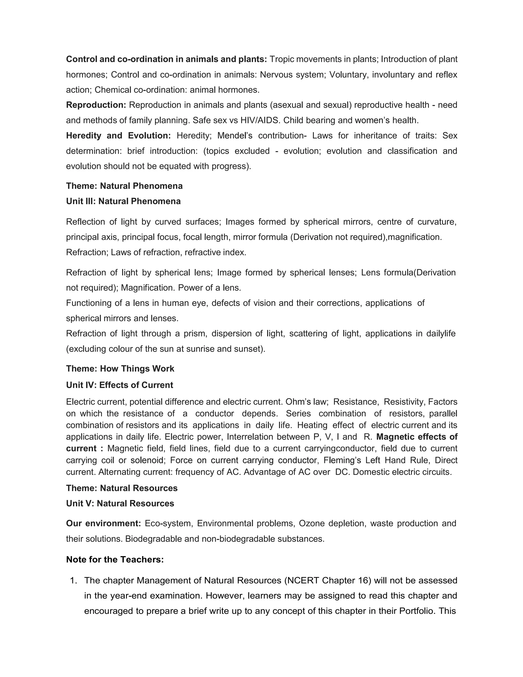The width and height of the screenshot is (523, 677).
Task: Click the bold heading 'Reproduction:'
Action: [96, 105]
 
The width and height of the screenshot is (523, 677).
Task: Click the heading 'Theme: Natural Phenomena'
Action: [124, 186]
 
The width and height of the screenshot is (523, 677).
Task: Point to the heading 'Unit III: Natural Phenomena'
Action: [123, 201]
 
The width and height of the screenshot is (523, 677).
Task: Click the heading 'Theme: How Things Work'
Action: [120, 369]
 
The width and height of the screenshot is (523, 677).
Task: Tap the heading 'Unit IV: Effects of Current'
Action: [120, 385]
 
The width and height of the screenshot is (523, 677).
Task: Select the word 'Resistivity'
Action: [404, 402]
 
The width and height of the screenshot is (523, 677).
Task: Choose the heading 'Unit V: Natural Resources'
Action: [120, 504]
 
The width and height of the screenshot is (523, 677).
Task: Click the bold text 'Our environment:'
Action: [103, 523]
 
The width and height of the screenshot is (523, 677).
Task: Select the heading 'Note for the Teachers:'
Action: [115, 559]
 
